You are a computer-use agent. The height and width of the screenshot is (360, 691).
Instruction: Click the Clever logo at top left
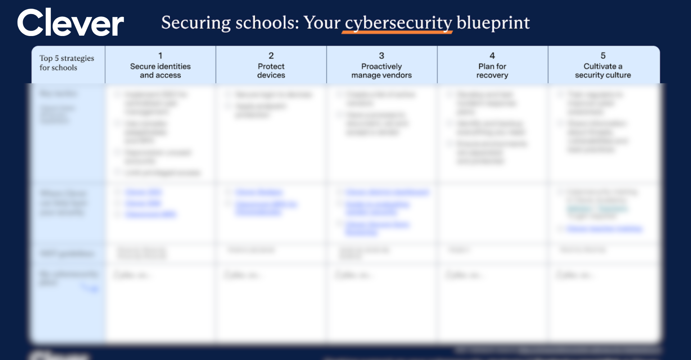[x=71, y=23]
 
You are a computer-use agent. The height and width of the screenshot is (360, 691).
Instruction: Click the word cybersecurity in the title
[x=398, y=23]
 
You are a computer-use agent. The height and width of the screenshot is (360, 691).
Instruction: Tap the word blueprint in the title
[x=493, y=23]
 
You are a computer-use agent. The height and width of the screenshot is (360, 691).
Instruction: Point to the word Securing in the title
[x=196, y=23]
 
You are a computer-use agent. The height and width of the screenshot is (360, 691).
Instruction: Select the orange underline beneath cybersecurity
[x=397, y=32]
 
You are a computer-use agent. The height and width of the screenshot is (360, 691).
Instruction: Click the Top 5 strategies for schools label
[x=67, y=63]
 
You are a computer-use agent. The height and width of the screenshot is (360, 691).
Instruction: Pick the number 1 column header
[x=160, y=56]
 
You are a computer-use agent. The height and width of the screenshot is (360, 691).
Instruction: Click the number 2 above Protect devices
[x=271, y=56]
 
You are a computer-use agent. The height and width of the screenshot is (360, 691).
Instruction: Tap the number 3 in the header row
[x=381, y=56]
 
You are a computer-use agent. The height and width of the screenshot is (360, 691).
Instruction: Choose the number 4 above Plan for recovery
[x=492, y=56]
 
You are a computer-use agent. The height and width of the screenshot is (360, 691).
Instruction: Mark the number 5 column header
[x=603, y=56]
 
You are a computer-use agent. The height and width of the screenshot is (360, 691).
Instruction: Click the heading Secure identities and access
[x=160, y=71]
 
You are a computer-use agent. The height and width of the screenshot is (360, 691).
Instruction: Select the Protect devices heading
[x=271, y=71]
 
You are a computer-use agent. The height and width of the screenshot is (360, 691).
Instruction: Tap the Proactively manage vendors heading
[x=381, y=71]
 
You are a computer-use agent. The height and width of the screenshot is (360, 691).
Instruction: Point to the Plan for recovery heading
[x=492, y=71]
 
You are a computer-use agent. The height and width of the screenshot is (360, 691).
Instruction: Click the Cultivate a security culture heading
[x=603, y=71]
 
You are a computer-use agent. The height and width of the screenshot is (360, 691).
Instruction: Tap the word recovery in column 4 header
[x=492, y=75]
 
